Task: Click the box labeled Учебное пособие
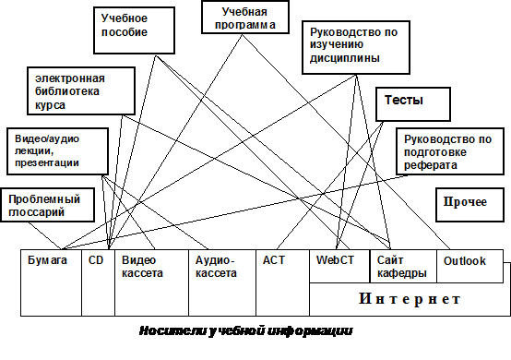pos(135,30)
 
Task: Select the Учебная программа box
pos(245,17)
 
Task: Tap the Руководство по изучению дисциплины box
pos(356,48)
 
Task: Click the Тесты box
pos(413,104)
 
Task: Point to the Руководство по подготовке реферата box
pos(450,151)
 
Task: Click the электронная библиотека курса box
pos(81,91)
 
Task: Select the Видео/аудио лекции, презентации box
pos(58,151)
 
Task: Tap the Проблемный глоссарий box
pos(48,205)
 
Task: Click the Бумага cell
pos(51,282)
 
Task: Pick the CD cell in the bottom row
pos(98,282)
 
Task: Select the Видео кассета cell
pos(152,282)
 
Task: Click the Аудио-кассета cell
pos(222,282)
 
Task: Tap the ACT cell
pos(282,282)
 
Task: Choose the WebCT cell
pos(339,266)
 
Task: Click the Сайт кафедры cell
pos(403,266)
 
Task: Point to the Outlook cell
pos(469,266)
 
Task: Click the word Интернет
pos(410,299)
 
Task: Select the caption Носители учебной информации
pos(246,331)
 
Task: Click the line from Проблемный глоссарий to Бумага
pos(45,236)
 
